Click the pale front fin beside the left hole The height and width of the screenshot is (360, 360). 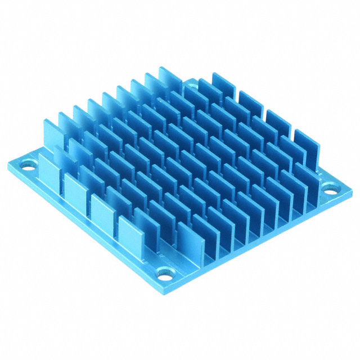(x=49, y=169)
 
